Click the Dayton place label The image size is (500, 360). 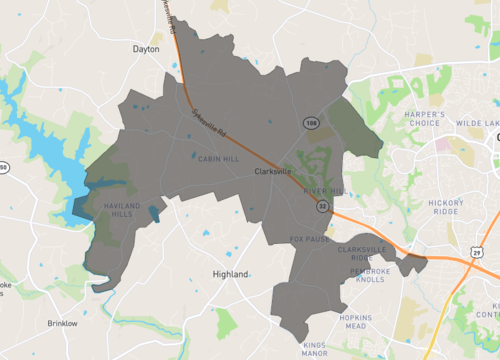146,48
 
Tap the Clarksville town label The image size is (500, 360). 273,172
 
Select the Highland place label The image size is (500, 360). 231,273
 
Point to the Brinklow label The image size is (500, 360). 61,324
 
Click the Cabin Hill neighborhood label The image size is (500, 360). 216,158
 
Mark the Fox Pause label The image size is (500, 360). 309,239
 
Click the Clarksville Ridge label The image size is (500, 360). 361,253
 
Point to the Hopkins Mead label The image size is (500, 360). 357,322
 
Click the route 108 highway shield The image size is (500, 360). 312,121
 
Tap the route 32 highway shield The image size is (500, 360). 322,205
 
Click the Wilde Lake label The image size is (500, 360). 476,123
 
